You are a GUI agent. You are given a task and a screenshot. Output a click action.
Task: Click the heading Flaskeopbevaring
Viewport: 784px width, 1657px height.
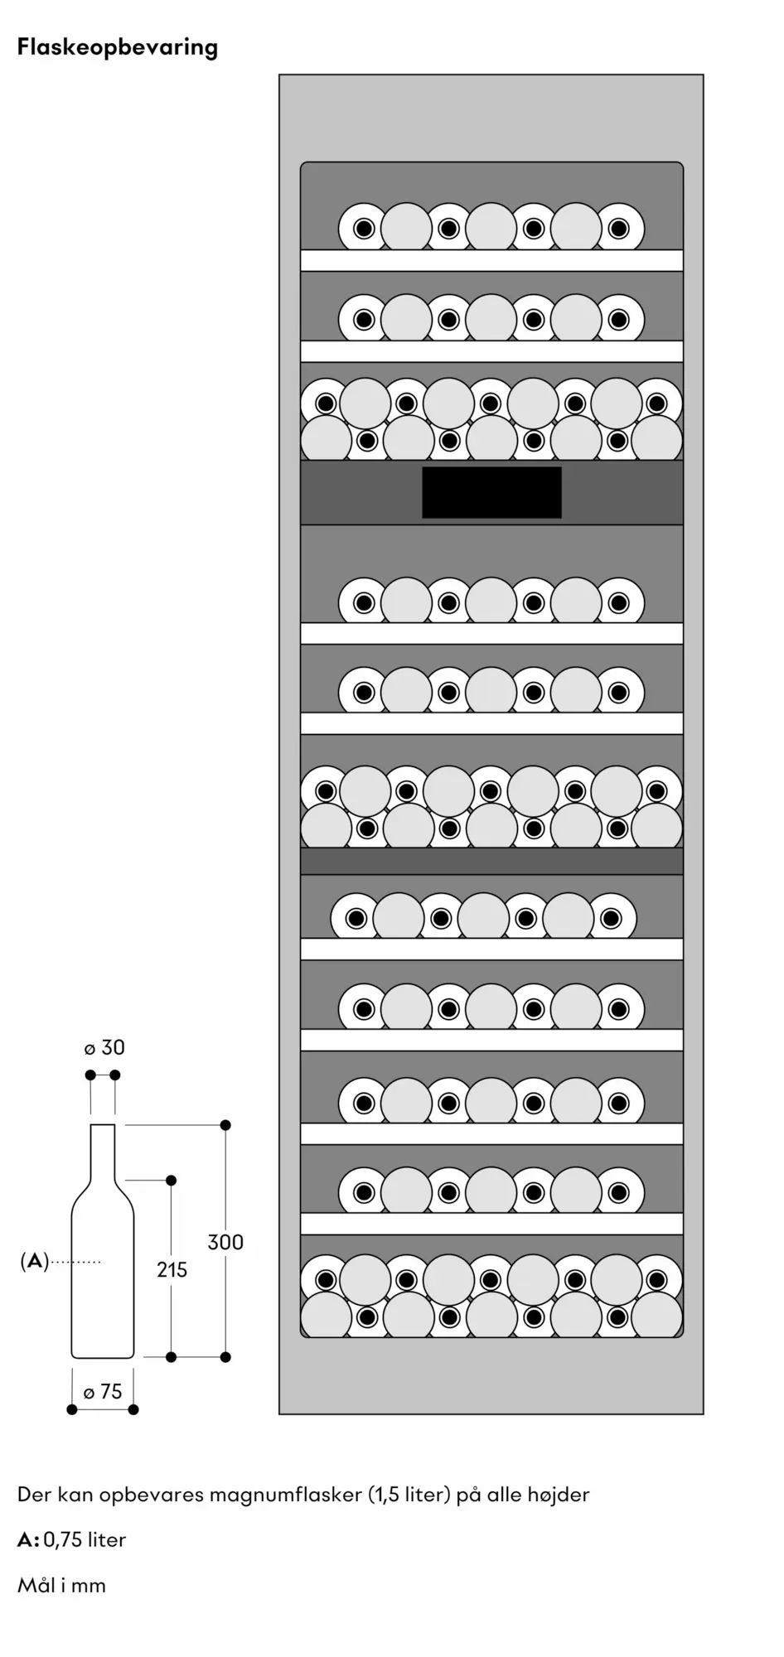pyautogui.click(x=118, y=48)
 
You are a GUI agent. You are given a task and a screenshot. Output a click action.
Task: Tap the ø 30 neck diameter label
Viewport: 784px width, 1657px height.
pyautogui.click(x=104, y=1048)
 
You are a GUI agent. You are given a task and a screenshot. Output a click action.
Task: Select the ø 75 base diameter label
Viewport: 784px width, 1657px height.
pyautogui.click(x=103, y=1392)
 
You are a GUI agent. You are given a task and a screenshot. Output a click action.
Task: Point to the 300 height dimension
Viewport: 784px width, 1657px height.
pyautogui.click(x=225, y=1242)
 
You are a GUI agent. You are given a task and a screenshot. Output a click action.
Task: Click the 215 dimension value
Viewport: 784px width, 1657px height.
pyautogui.click(x=172, y=1269)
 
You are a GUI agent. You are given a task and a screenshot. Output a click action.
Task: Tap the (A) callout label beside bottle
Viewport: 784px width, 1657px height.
pyautogui.click(x=34, y=1262)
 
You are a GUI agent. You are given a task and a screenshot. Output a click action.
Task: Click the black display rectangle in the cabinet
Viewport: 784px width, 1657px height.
pyautogui.click(x=491, y=492)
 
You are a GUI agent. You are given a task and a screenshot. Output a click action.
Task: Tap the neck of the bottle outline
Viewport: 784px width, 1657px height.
pyautogui.click(x=103, y=1152)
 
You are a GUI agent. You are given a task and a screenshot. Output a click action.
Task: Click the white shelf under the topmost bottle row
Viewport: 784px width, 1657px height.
pyautogui.click(x=491, y=260)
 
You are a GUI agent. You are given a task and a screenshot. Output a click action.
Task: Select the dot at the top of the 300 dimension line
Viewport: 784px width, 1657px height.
pyautogui.click(x=225, y=1125)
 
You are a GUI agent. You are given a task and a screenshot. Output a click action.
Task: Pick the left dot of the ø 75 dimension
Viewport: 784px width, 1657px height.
pyautogui.click(x=72, y=1409)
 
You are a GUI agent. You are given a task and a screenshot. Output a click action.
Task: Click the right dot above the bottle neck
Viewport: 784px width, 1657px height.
pyautogui.click(x=115, y=1075)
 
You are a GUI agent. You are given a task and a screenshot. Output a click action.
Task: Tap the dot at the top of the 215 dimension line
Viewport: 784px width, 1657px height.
pyautogui.click(x=172, y=1180)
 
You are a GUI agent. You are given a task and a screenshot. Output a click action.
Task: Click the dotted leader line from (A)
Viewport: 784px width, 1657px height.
pyautogui.click(x=75, y=1262)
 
